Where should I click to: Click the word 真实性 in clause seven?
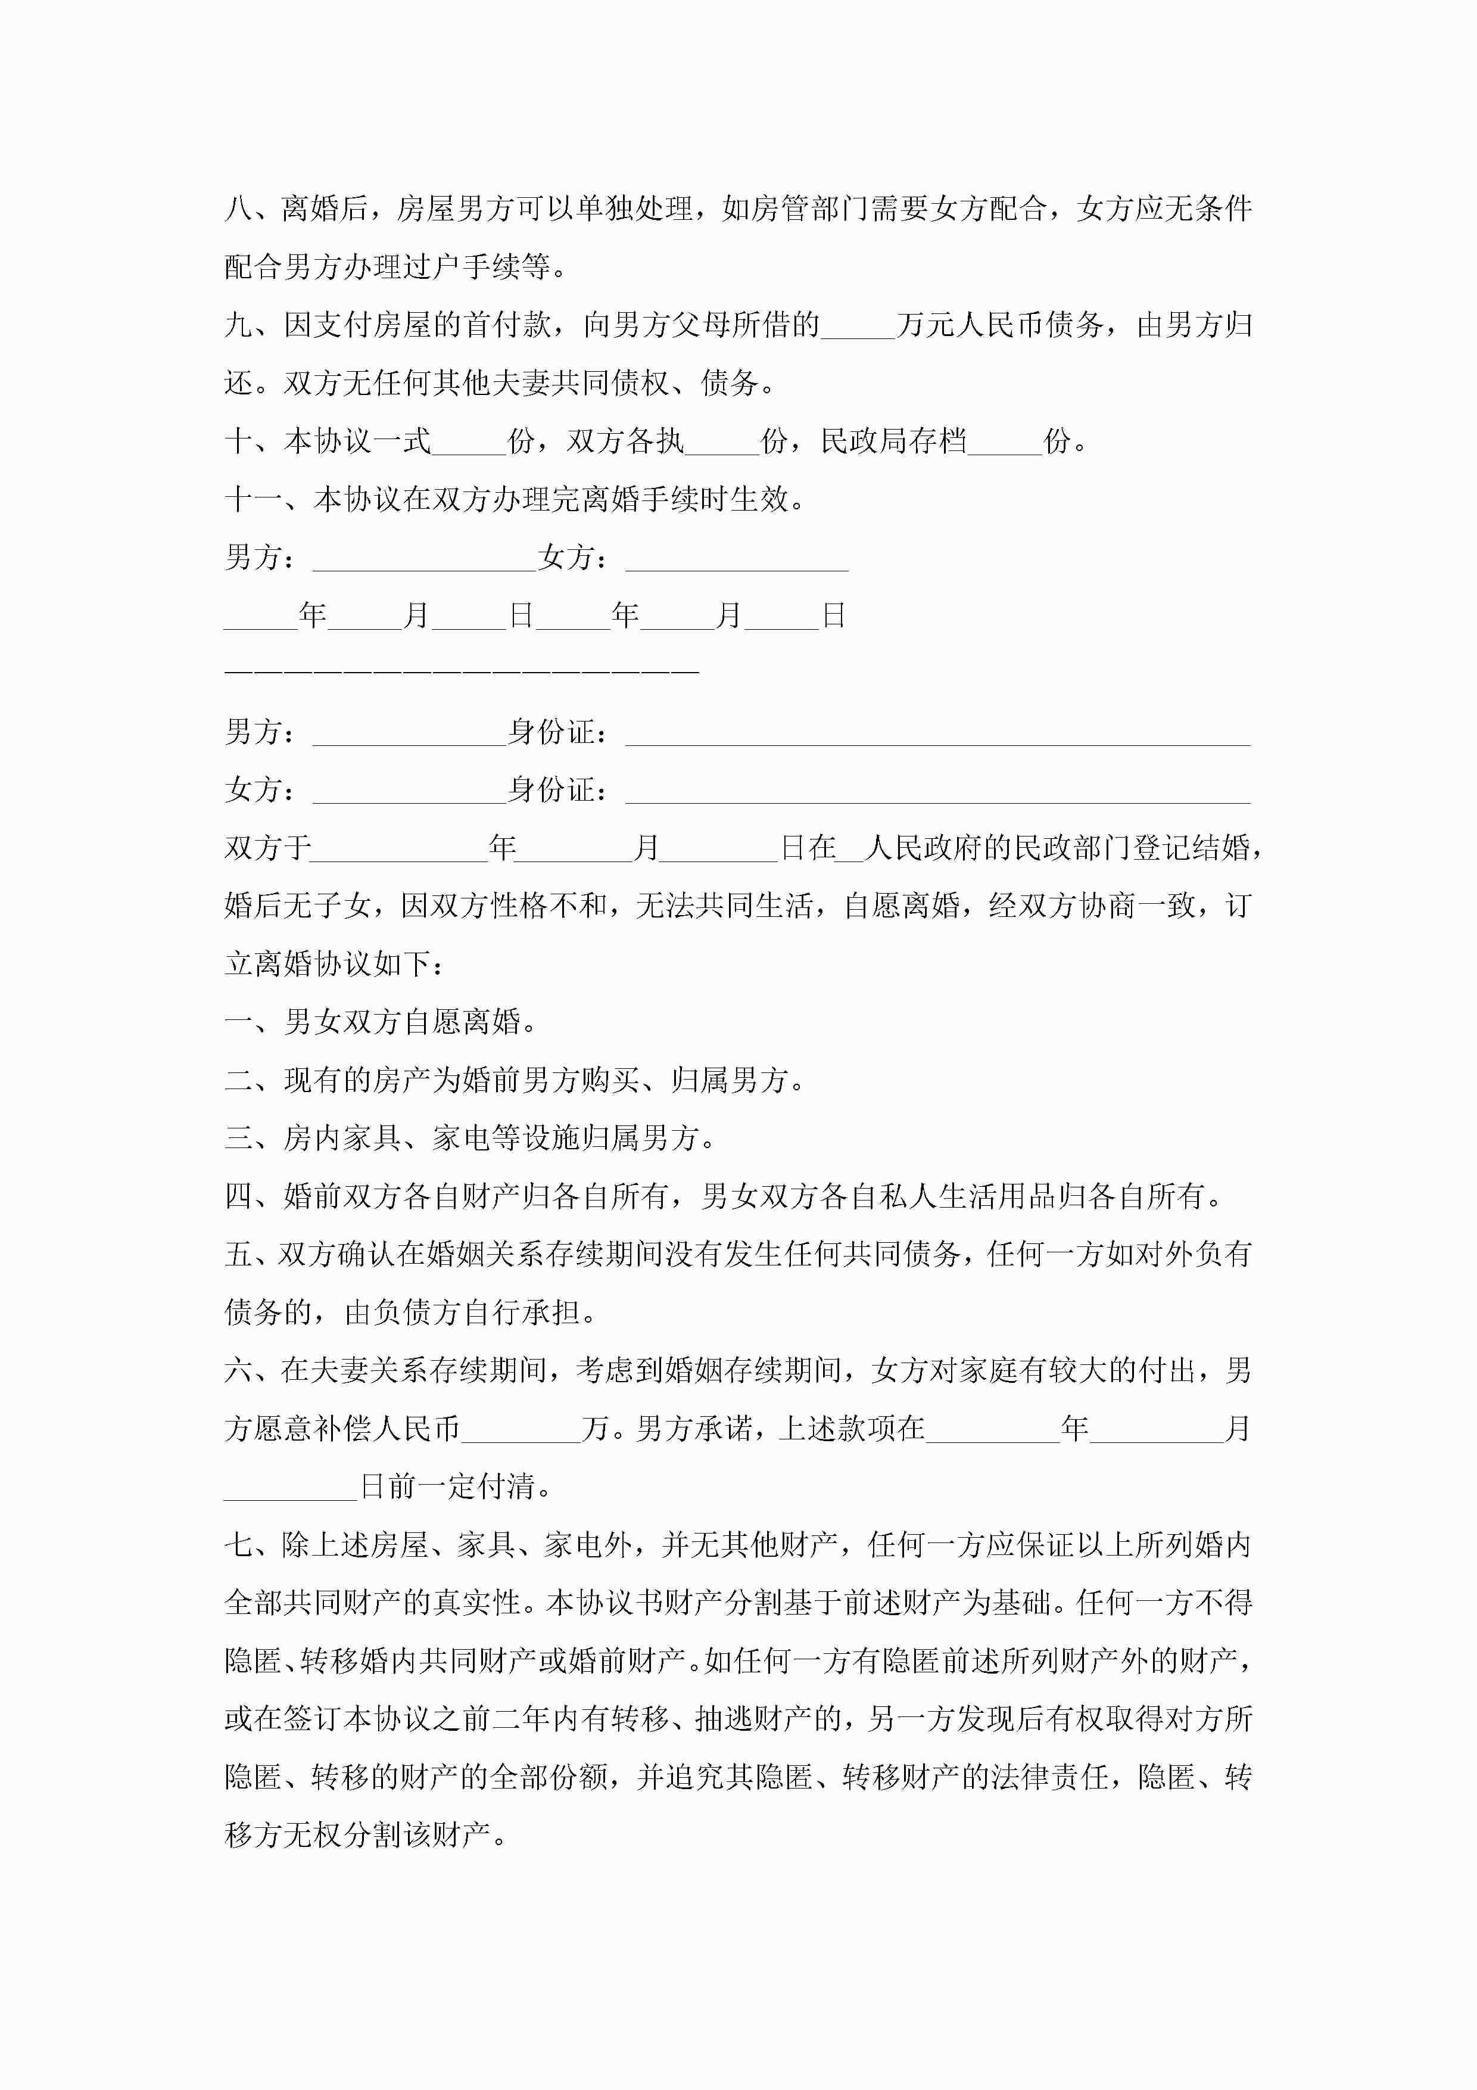(476, 1604)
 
